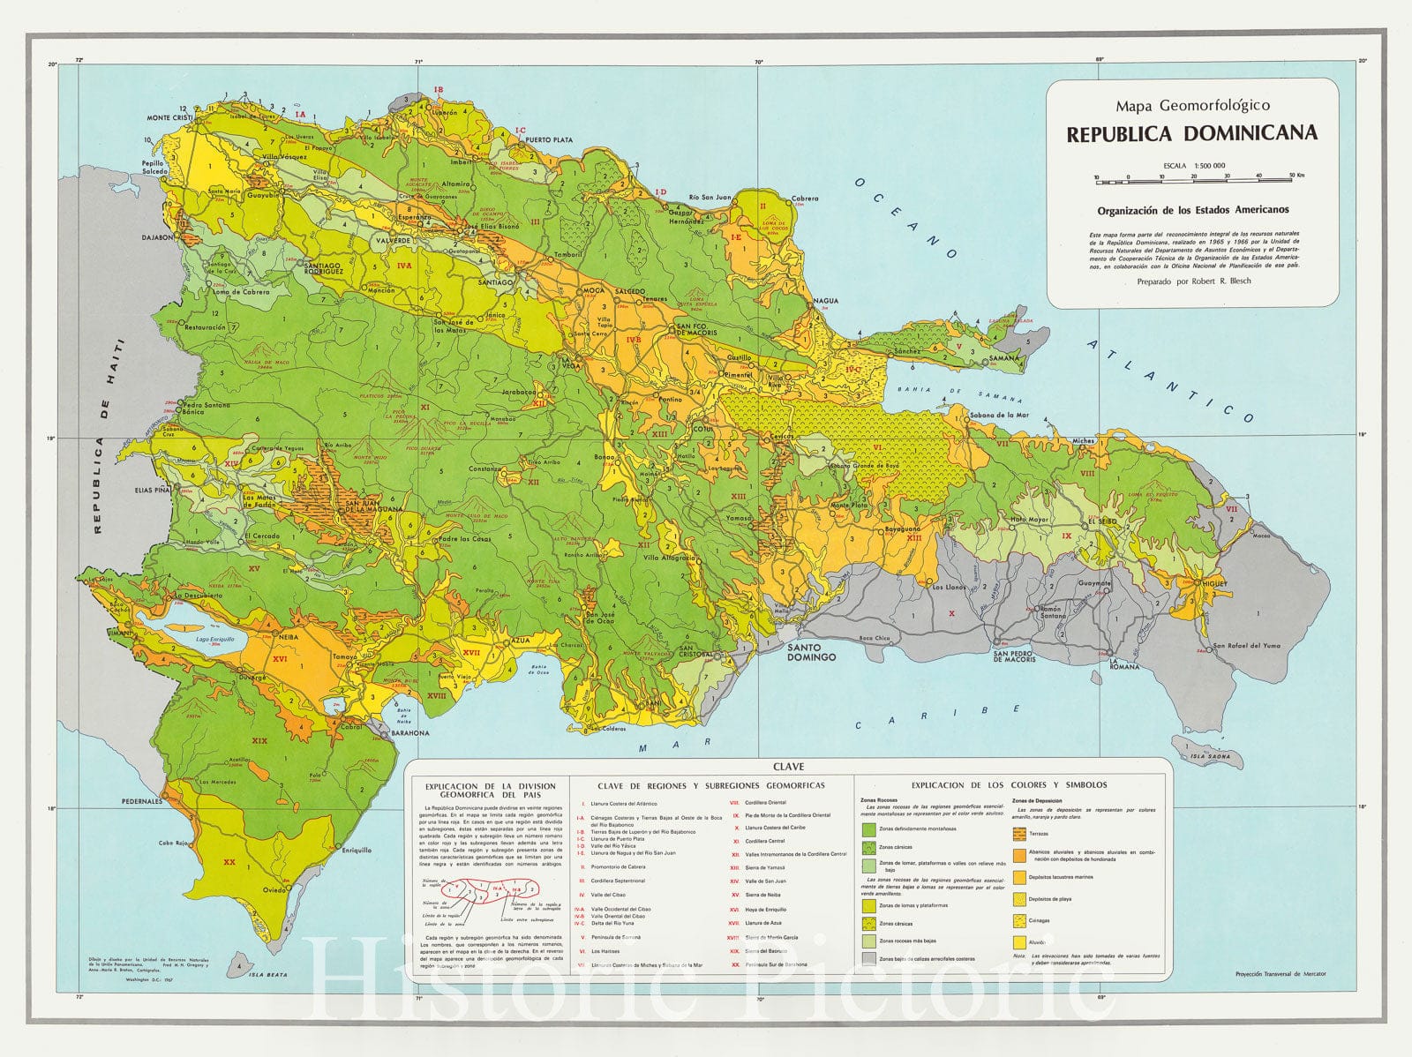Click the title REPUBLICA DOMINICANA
[x=1191, y=134]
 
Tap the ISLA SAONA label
[x=1208, y=756]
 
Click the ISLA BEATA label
[x=267, y=975]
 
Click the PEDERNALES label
[x=142, y=801]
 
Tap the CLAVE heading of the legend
[x=787, y=767]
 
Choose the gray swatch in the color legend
[x=868, y=957]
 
